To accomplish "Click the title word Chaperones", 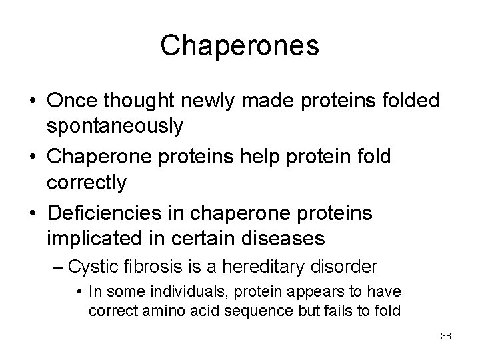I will (239, 45).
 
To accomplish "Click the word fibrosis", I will (151, 267).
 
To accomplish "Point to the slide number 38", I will (445, 337).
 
